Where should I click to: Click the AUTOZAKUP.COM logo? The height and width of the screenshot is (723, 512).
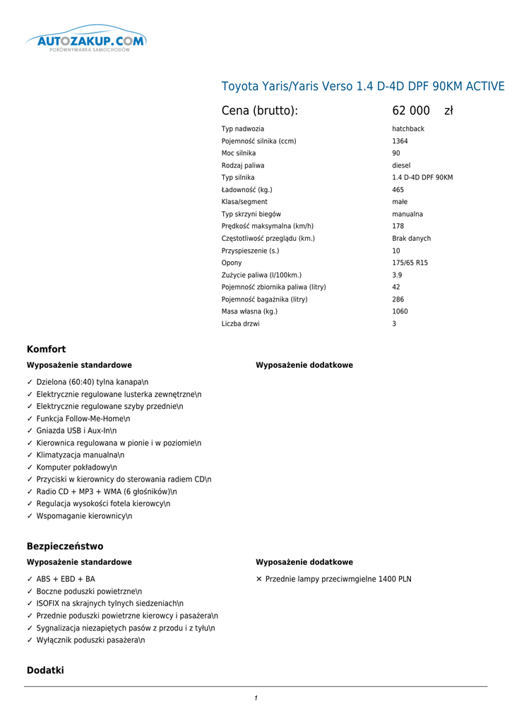(x=86, y=42)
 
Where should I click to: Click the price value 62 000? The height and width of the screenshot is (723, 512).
(x=411, y=111)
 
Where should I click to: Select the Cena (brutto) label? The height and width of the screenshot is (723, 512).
(x=260, y=111)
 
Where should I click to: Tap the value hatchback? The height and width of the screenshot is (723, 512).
(x=408, y=129)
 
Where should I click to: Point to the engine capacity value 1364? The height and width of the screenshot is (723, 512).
(x=400, y=141)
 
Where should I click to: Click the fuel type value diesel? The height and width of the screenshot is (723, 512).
(x=401, y=165)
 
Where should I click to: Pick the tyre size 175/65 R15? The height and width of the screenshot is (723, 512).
(x=410, y=263)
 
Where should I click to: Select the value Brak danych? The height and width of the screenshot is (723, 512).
(x=411, y=239)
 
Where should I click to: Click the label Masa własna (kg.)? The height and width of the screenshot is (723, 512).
(x=249, y=311)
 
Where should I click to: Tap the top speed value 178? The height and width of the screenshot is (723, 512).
(x=398, y=226)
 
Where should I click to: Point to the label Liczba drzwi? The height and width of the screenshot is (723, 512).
(x=240, y=324)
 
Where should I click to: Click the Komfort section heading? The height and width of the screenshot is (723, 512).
(x=46, y=349)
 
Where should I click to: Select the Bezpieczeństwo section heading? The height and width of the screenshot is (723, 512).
(x=65, y=546)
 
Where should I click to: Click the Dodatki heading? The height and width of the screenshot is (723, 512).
(x=45, y=670)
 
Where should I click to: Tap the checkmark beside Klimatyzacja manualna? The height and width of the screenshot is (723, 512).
(x=30, y=455)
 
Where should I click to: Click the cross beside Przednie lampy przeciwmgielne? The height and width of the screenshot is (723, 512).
(x=258, y=579)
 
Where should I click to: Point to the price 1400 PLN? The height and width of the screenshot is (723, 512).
(x=395, y=579)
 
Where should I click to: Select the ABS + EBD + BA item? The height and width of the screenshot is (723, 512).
(x=66, y=579)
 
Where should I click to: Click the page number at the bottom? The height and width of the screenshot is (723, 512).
(x=256, y=698)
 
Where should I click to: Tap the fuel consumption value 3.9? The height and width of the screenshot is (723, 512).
(x=397, y=275)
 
